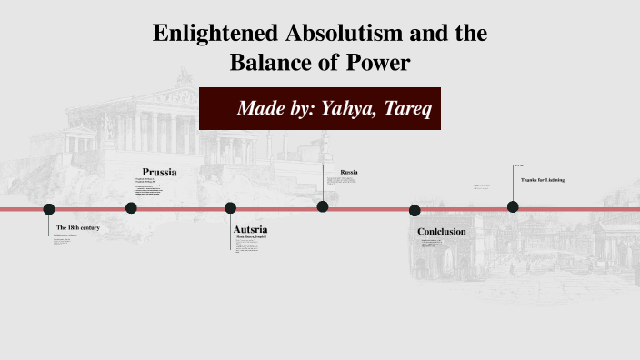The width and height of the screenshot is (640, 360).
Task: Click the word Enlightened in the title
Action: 207,35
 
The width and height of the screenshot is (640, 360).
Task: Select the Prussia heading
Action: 159,172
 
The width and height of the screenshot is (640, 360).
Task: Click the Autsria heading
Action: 250,229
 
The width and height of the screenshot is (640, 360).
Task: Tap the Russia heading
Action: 349,172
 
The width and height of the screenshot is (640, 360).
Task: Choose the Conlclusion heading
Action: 441,232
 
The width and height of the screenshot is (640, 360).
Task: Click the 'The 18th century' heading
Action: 77,226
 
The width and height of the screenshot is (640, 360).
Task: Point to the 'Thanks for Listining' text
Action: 543,180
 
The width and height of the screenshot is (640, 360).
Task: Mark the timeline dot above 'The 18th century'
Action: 49,209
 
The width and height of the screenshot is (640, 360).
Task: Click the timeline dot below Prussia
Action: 131,208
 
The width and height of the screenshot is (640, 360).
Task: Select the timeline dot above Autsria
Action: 230,208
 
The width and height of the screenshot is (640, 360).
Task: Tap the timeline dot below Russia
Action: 323,206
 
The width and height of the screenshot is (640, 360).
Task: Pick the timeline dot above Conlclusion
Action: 415,211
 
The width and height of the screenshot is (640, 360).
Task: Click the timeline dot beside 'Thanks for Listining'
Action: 513,207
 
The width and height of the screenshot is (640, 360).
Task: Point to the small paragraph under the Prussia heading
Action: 155,189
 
